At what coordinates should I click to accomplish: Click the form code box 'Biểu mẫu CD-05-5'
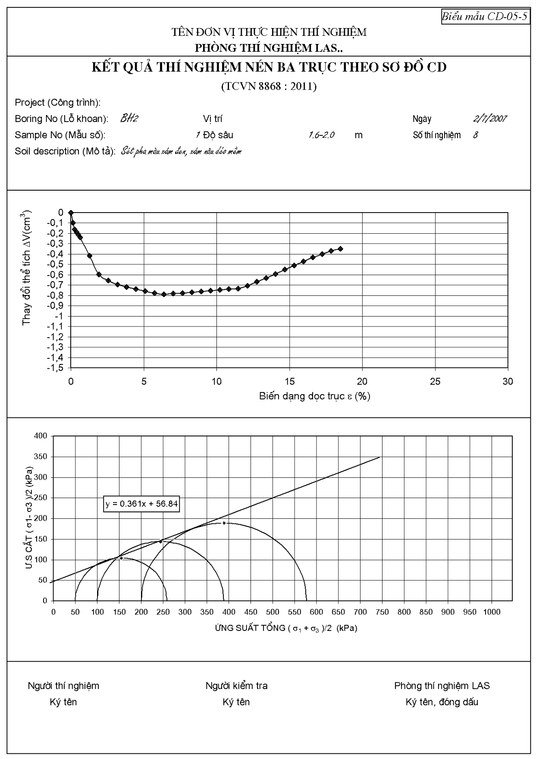[x=486, y=17]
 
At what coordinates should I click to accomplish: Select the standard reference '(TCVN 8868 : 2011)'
[x=269, y=87]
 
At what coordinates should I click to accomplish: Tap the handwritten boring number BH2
[x=129, y=119]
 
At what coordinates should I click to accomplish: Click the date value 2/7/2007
[x=490, y=119]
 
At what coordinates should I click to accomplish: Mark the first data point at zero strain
[x=71, y=212]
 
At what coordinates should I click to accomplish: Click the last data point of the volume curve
[x=340, y=249]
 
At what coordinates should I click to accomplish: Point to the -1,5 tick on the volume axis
[x=55, y=368]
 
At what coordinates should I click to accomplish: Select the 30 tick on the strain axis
[x=508, y=382]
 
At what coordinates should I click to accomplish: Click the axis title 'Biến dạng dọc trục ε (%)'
[x=315, y=396]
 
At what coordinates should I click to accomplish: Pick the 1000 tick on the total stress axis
[x=492, y=612]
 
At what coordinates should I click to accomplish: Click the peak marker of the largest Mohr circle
[x=224, y=523]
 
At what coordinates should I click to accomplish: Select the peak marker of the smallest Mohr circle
[x=121, y=558]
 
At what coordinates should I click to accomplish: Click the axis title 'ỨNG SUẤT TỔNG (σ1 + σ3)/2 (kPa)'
[x=286, y=628]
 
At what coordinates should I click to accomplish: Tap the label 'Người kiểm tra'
[x=236, y=686]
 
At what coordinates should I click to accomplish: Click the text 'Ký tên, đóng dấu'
[x=442, y=702]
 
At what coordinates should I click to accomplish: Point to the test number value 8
[x=475, y=135]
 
